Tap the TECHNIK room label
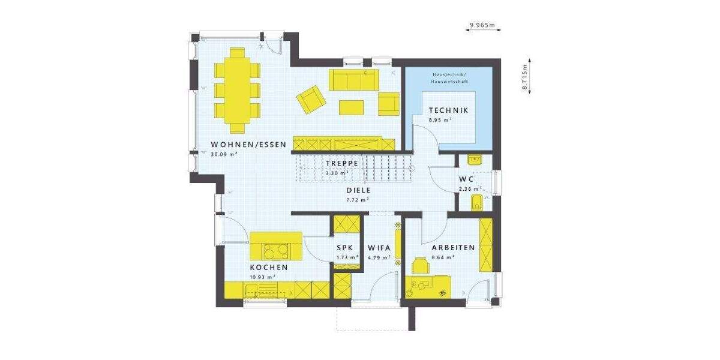(448, 110)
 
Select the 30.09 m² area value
(224, 154)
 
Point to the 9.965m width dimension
(482, 25)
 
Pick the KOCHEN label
(269, 268)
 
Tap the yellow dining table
(237, 89)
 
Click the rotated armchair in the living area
(312, 99)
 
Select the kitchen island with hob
(276, 245)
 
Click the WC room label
(467, 179)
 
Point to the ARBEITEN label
(453, 247)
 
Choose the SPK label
(344, 247)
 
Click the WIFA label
(379, 247)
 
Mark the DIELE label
(358, 190)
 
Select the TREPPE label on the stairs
(342, 163)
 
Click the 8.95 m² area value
(440, 120)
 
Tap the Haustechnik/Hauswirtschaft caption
(448, 78)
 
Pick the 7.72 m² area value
(358, 200)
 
